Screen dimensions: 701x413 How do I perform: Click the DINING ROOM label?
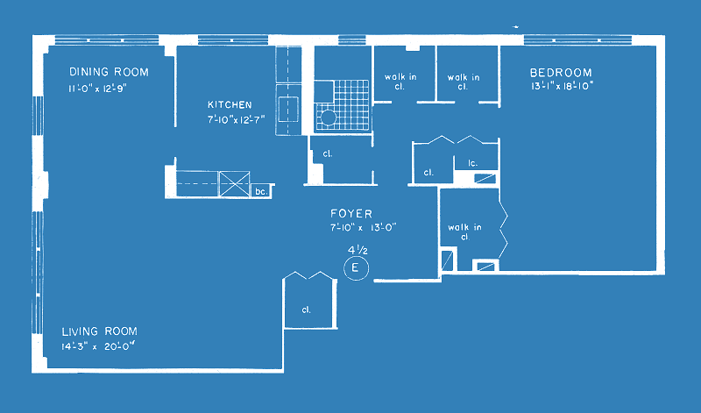click(x=109, y=72)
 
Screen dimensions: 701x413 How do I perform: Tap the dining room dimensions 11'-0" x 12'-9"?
click(x=97, y=89)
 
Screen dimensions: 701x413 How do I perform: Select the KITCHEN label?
click(x=230, y=104)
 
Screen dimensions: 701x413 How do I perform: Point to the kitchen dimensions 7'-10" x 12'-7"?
click(x=236, y=120)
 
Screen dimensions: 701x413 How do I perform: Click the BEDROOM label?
click(x=561, y=73)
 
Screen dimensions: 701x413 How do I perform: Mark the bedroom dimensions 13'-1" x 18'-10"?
click(x=562, y=86)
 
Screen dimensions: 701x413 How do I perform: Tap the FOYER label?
click(x=351, y=213)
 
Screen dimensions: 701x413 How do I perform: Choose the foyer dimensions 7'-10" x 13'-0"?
click(x=364, y=227)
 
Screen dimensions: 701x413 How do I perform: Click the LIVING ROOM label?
click(x=99, y=331)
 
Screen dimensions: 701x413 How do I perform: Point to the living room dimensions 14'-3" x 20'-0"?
click(x=98, y=346)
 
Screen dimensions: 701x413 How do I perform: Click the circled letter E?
click(x=356, y=268)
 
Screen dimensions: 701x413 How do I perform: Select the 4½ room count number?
click(x=358, y=250)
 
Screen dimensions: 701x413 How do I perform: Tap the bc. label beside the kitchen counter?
click(x=261, y=191)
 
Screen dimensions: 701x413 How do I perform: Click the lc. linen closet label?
click(x=472, y=163)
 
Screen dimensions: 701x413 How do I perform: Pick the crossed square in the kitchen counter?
click(x=235, y=183)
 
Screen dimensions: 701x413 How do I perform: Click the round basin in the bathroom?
click(x=328, y=117)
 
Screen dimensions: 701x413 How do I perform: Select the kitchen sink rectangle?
click(x=288, y=109)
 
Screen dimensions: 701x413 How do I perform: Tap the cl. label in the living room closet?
click(x=306, y=310)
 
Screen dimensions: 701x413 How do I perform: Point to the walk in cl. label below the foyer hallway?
click(x=465, y=231)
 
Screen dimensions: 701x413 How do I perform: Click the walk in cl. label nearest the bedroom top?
click(x=464, y=82)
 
